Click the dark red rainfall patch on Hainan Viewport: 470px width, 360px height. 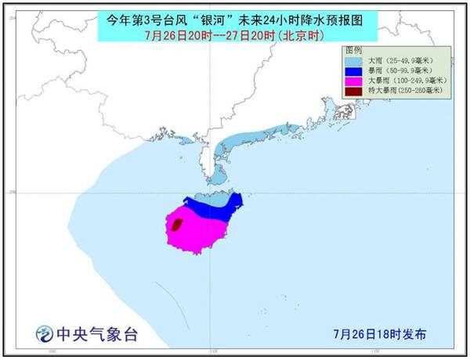(177, 226)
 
